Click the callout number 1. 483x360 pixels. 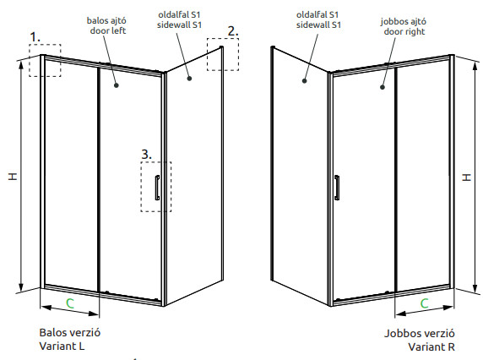pyautogui.click(x=35, y=37)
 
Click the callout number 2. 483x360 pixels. pyautogui.click(x=233, y=31)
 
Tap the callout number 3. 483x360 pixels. pyautogui.click(x=146, y=154)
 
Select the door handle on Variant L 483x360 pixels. pyautogui.click(x=157, y=188)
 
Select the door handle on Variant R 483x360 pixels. pyautogui.click(x=337, y=188)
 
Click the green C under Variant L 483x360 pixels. pyautogui.click(x=70, y=303)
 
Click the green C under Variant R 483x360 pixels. pyautogui.click(x=424, y=303)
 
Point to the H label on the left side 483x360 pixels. pyautogui.click(x=13, y=177)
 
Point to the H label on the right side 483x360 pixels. pyautogui.click(x=467, y=177)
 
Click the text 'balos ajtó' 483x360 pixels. pyautogui.click(x=106, y=20)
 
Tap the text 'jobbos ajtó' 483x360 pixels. pyautogui.click(x=404, y=22)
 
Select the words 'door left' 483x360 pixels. pyautogui.click(x=108, y=30)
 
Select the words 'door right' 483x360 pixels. pyautogui.click(x=404, y=32)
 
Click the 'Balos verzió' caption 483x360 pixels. pyautogui.click(x=70, y=333)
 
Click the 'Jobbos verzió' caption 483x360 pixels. pyautogui.click(x=419, y=333)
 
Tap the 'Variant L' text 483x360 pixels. pyautogui.click(x=62, y=346)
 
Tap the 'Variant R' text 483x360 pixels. pyautogui.click(x=431, y=346)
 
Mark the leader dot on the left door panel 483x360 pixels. pyautogui.click(x=117, y=85)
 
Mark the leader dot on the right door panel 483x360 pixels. pyautogui.click(x=383, y=87)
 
